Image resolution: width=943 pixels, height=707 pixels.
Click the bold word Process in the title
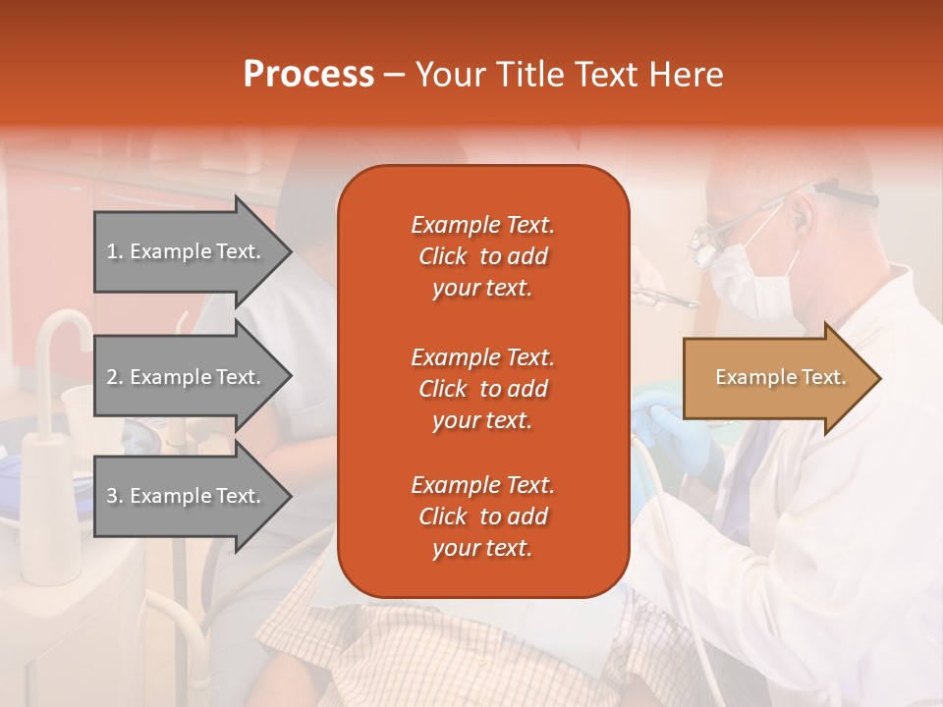tap(308, 75)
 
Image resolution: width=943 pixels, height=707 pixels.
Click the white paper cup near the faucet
tap(79, 412)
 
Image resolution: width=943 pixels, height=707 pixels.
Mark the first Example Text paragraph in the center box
tap(482, 256)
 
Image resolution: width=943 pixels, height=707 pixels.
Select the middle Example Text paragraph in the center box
tap(482, 389)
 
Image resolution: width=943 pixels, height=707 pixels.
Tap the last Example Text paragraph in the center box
tap(482, 517)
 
